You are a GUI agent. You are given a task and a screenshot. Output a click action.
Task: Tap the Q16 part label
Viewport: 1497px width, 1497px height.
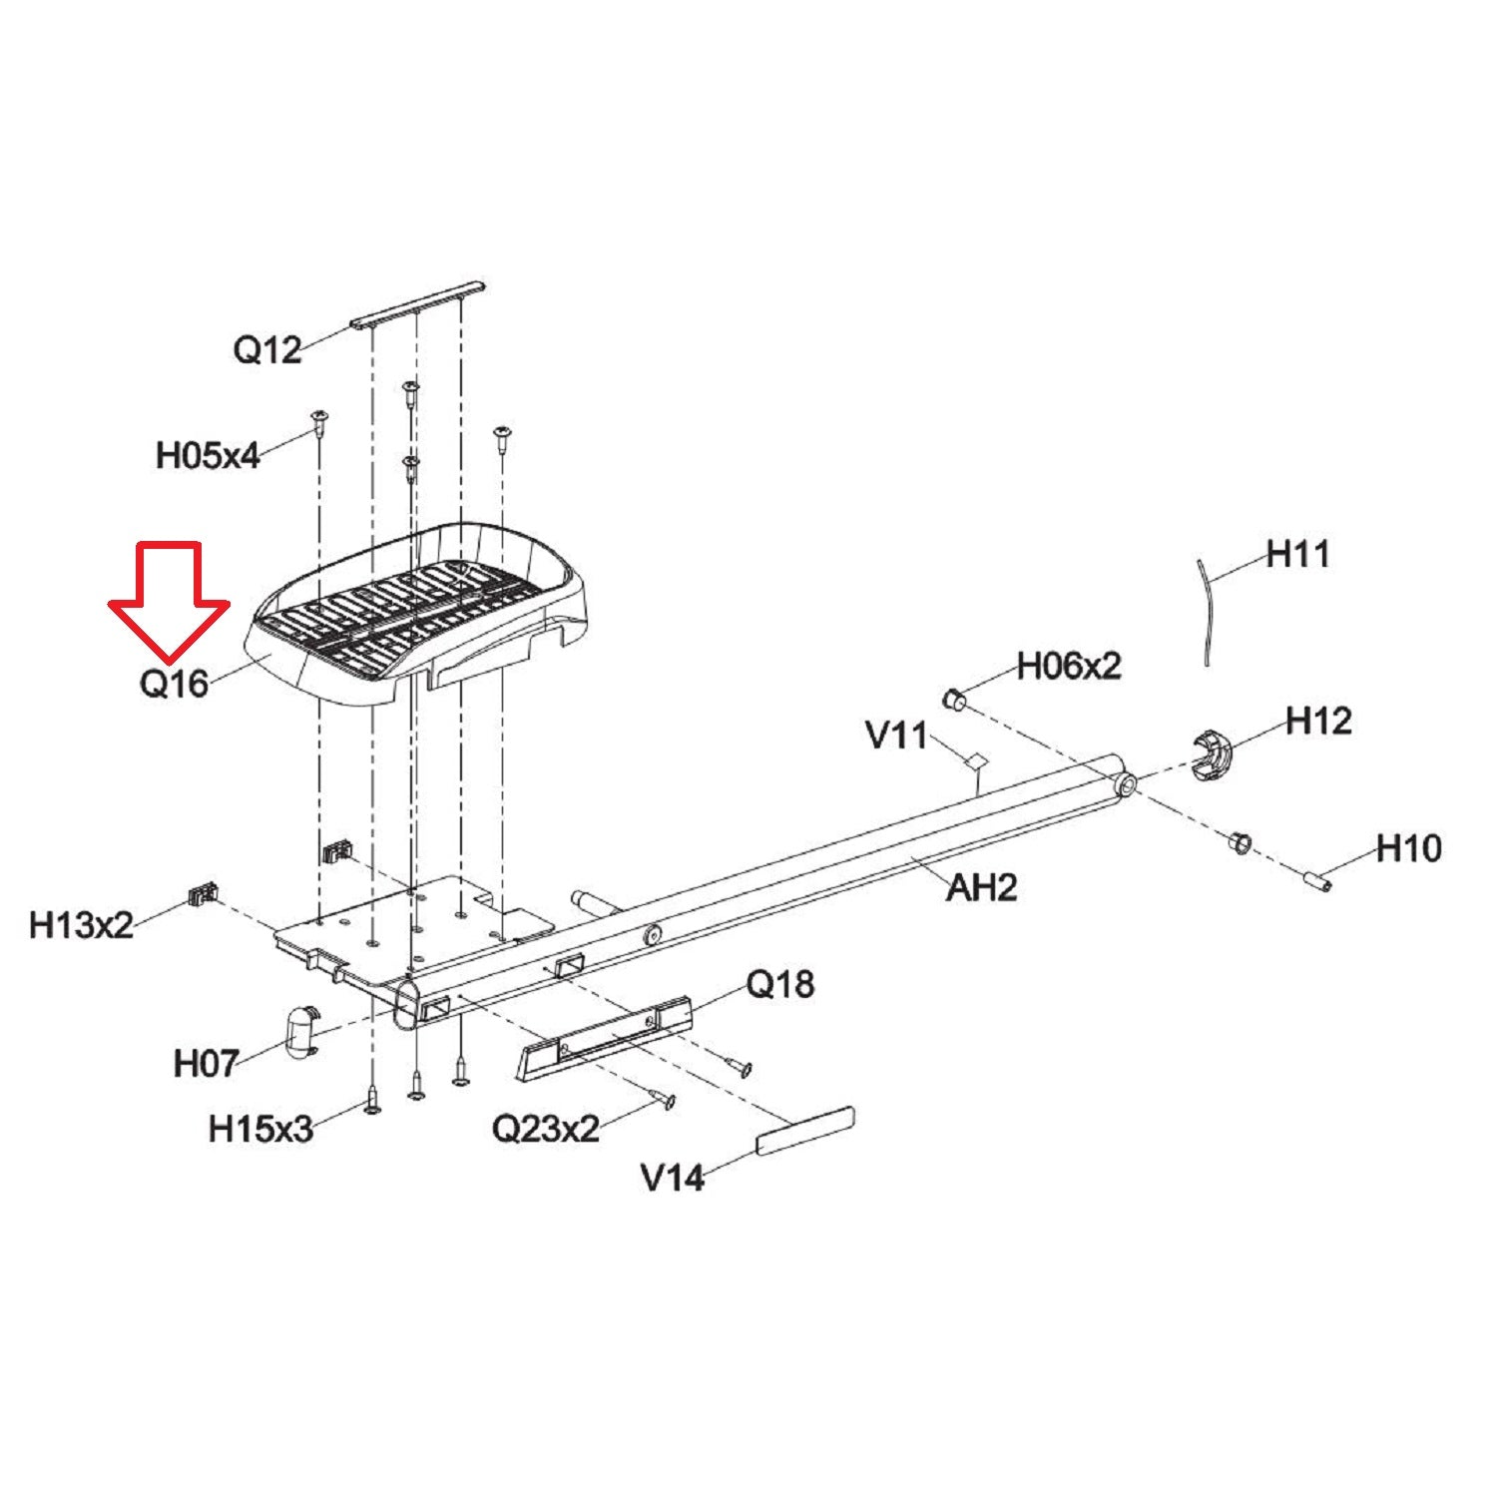pyautogui.click(x=175, y=684)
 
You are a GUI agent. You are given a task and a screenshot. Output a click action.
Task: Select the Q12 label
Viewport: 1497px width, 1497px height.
pyautogui.click(x=267, y=349)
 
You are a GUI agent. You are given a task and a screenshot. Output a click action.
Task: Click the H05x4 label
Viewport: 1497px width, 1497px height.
pyautogui.click(x=208, y=456)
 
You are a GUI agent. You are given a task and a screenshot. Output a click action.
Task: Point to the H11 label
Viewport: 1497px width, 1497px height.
pyautogui.click(x=1297, y=553)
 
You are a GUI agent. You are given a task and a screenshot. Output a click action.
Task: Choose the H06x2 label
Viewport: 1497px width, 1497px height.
pyautogui.click(x=1069, y=665)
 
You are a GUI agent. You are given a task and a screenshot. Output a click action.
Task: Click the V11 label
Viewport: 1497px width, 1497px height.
pyautogui.click(x=897, y=736)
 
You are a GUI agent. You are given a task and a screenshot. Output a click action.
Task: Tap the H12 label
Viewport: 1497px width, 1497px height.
pyautogui.click(x=1318, y=720)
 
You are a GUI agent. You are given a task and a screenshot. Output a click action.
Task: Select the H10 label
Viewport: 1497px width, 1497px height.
pyautogui.click(x=1408, y=848)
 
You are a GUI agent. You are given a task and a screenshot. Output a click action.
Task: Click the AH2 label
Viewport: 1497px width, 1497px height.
pyautogui.click(x=981, y=886)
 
